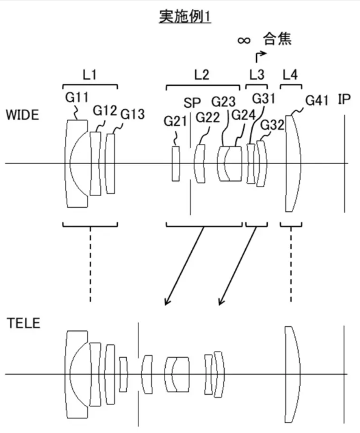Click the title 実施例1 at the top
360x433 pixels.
pos(185,16)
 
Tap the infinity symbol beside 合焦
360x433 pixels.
pos(244,41)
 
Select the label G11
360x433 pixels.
pos(76,97)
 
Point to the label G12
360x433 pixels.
pos(104,111)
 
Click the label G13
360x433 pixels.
pos(132,114)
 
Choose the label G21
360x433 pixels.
pos(175,121)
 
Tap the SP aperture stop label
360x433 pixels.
pos(192,103)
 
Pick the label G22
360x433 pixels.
pos(208,118)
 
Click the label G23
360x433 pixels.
pos(223,101)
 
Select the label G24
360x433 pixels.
pos(243,115)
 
